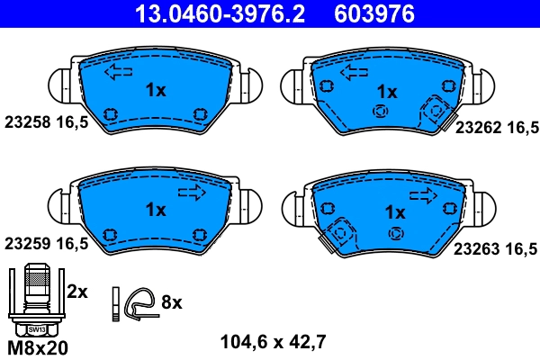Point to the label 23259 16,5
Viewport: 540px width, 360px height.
[46, 243]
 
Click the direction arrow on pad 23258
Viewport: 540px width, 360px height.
[118, 73]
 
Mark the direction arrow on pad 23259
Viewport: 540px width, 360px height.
[192, 192]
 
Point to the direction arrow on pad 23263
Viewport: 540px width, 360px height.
[426, 192]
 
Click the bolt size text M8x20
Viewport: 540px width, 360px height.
[37, 346]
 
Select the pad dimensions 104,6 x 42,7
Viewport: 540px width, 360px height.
[273, 341]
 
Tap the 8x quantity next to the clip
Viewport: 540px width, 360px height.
[171, 303]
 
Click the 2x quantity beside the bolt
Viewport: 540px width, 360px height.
[77, 292]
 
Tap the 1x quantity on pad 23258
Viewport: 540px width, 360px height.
[155, 89]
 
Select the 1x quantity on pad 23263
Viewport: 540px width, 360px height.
[394, 212]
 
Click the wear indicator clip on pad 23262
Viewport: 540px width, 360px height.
[436, 110]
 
